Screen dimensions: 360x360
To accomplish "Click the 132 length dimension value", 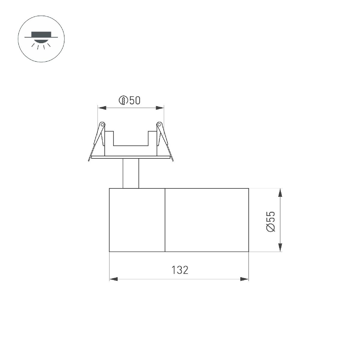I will [180, 270].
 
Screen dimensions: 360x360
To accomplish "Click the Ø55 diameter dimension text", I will [270, 221].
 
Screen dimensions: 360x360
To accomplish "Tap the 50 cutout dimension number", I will [135, 100].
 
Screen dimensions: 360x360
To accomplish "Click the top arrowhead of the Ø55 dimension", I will [280, 193].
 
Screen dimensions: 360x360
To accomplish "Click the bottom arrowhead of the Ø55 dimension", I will [280, 247].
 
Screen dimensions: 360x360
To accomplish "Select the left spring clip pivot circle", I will [102, 124].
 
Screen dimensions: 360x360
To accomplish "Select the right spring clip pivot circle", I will [159, 124].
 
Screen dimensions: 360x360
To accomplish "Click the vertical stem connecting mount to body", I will [131, 173].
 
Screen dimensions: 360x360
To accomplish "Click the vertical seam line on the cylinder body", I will [165, 220].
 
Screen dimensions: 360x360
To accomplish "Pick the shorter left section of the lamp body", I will [137, 220].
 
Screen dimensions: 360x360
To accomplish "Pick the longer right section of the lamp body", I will [207, 220].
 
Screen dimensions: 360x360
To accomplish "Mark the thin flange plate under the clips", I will [130, 157].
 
